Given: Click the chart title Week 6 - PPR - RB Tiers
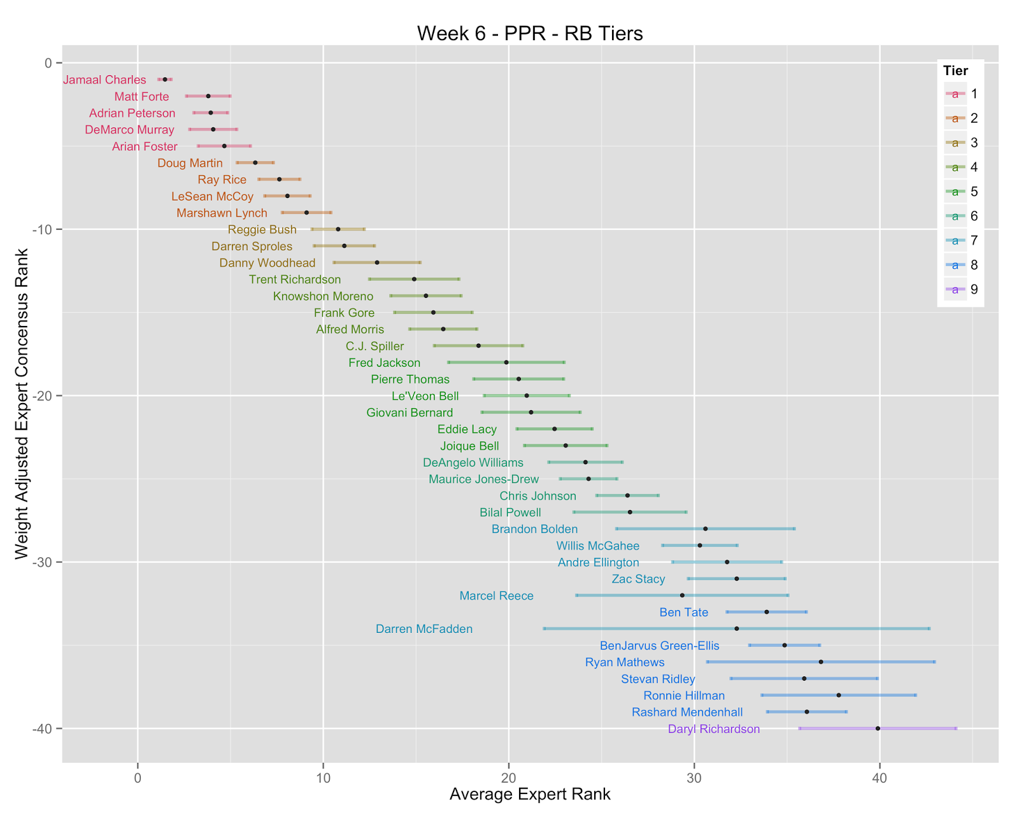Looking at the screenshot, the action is coord(530,34).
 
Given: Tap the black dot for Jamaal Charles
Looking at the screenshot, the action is coord(165,80).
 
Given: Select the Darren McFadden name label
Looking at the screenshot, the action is coord(424,629).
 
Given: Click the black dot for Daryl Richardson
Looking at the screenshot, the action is coord(878,729).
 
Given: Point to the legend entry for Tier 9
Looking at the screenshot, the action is coord(961,289).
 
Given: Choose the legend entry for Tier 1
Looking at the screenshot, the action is coord(961,94).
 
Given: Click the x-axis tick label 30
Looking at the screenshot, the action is coord(694,778).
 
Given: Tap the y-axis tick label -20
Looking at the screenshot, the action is coord(42,396).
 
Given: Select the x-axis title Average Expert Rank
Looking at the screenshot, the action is coord(530,794).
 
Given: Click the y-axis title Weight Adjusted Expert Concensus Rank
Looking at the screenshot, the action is coord(22,404).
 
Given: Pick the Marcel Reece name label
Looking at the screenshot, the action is coord(496,596).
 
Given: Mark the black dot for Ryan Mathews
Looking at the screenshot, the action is coord(821,662).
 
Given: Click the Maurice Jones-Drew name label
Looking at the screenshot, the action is coord(484,479).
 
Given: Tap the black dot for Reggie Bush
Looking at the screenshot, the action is coord(338,229).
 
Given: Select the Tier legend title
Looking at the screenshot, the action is coord(955,71).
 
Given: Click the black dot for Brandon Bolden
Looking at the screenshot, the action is coord(706,529).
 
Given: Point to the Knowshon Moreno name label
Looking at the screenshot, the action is coord(323,297).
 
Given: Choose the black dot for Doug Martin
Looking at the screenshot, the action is coord(255,163).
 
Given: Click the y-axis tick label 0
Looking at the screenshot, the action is coord(48,63).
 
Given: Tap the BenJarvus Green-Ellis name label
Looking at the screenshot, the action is coord(660,646).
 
